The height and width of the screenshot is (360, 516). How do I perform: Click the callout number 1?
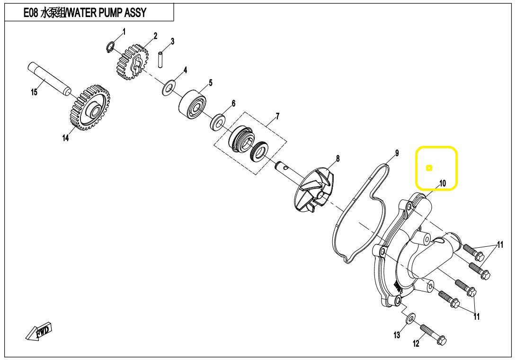tap(124, 32)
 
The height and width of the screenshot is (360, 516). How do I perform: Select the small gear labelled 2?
tap(132, 63)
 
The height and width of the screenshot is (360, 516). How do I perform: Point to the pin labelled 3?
tap(160, 59)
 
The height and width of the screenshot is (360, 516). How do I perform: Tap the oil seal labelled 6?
tap(217, 122)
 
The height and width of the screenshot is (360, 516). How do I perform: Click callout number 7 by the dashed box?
tap(278, 116)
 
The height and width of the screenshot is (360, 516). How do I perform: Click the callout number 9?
tap(397, 153)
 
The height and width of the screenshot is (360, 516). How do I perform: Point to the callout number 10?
tap(443, 183)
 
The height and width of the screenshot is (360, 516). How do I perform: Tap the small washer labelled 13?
tap(410, 318)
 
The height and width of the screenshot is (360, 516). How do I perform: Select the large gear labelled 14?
tap(90, 107)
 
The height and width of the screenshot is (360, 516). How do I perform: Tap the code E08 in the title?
tap(30, 12)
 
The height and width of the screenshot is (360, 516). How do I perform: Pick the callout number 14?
tap(65, 138)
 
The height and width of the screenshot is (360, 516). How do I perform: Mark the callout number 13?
tap(397, 335)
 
